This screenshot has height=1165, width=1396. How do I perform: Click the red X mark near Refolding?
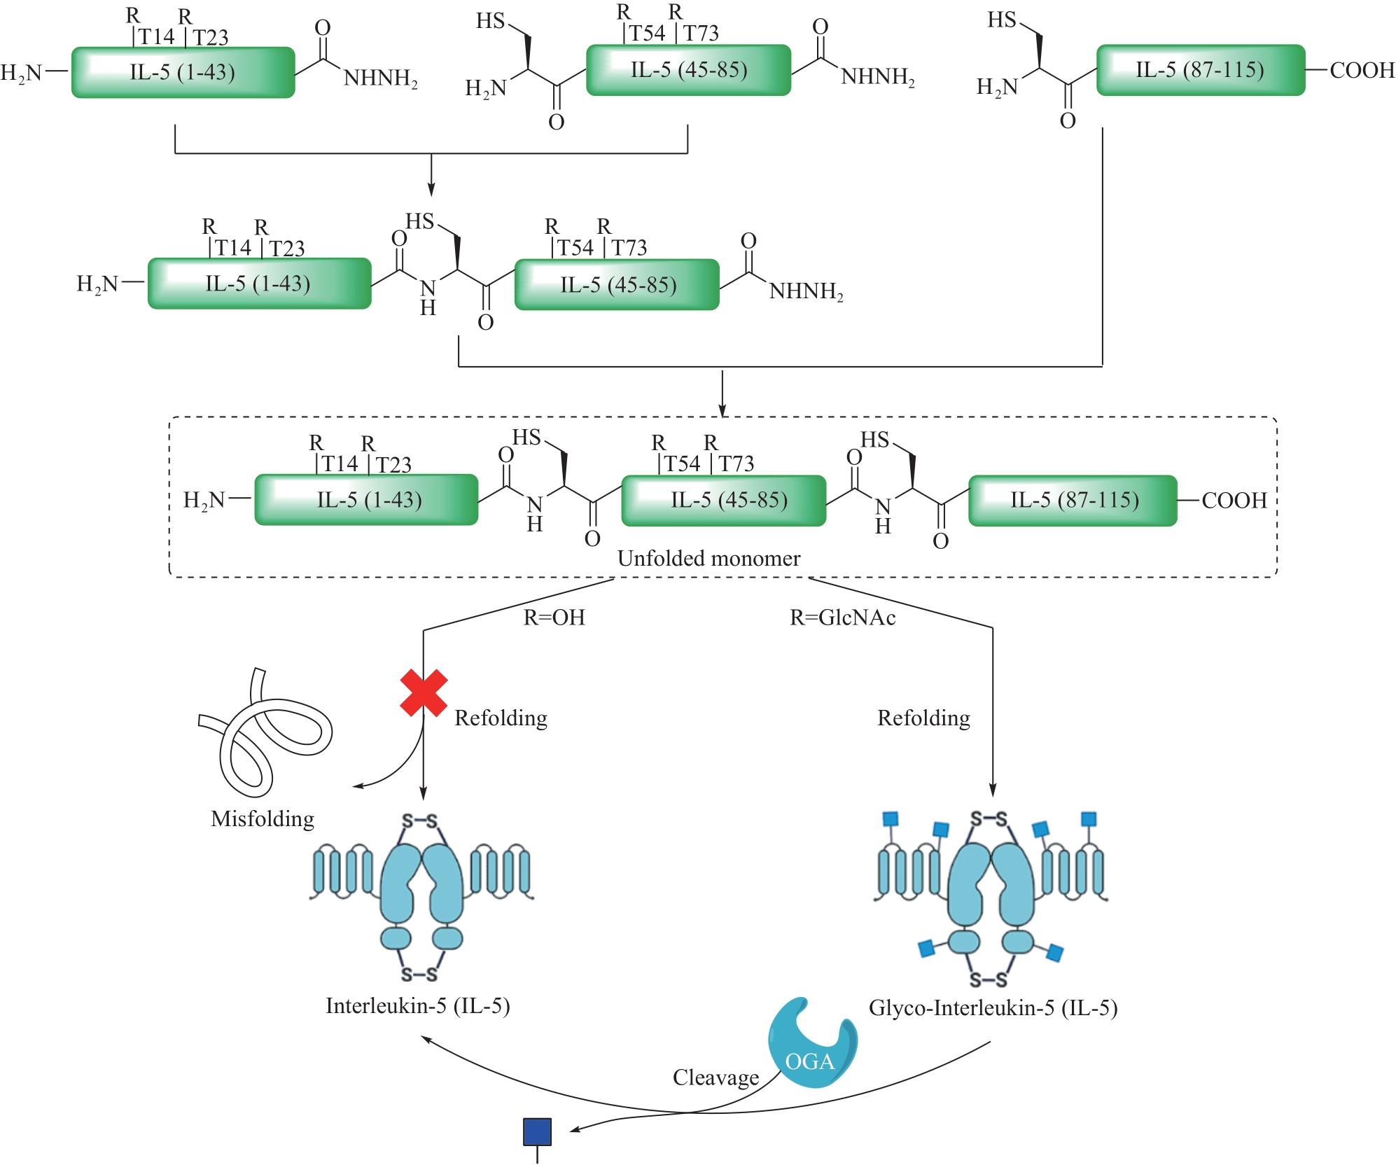tap(424, 693)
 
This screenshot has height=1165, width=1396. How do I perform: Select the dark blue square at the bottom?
tap(538, 1132)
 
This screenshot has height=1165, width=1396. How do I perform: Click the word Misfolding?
tap(263, 818)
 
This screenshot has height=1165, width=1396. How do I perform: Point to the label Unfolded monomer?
tap(709, 559)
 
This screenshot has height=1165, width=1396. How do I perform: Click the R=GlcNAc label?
tap(842, 618)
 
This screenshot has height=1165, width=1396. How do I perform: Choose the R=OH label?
tap(554, 618)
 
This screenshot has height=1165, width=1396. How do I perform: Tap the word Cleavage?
tap(716, 1077)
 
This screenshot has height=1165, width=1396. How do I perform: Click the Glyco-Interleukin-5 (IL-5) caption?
tap(993, 1008)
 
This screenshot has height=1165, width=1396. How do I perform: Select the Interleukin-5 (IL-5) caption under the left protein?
tap(417, 1006)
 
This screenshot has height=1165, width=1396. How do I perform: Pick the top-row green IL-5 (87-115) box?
tap(1200, 70)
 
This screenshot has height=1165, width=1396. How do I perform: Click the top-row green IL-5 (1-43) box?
tap(183, 72)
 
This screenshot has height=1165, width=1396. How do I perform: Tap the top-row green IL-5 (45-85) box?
tap(688, 70)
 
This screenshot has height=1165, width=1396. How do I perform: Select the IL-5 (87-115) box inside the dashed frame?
tap(1073, 500)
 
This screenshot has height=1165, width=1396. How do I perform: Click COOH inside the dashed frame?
tap(1234, 501)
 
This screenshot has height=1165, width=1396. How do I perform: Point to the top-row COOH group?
tap(1362, 70)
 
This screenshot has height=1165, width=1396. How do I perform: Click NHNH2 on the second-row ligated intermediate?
tap(806, 292)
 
